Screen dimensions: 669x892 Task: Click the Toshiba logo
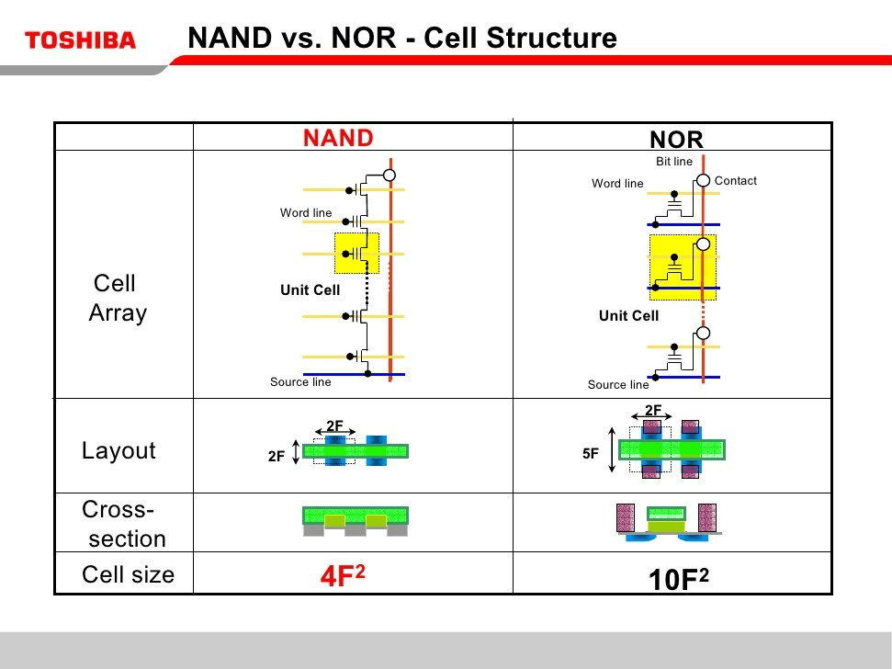[x=81, y=40]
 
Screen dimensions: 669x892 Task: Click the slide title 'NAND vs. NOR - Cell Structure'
[x=401, y=39]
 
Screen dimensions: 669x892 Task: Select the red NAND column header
[x=338, y=138]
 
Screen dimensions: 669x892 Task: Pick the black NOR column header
[x=676, y=140]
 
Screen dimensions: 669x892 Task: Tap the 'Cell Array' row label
[x=117, y=298]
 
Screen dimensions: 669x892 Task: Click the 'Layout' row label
[x=119, y=450]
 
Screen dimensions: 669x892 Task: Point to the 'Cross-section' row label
[x=123, y=524]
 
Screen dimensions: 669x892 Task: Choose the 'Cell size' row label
[x=128, y=574]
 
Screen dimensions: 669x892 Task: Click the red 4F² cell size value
[x=343, y=575]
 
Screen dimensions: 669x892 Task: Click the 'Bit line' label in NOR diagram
[x=674, y=162]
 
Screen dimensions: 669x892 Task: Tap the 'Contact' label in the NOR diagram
[x=735, y=181]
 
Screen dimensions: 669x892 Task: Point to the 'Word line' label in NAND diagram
[x=306, y=213]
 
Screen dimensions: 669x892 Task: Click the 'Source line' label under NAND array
[x=300, y=382]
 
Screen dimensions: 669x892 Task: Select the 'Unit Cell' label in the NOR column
[x=628, y=316]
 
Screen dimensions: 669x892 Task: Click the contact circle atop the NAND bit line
[x=390, y=175]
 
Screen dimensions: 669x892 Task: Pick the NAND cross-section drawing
[x=356, y=520]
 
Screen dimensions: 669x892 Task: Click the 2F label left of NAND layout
[x=276, y=455]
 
